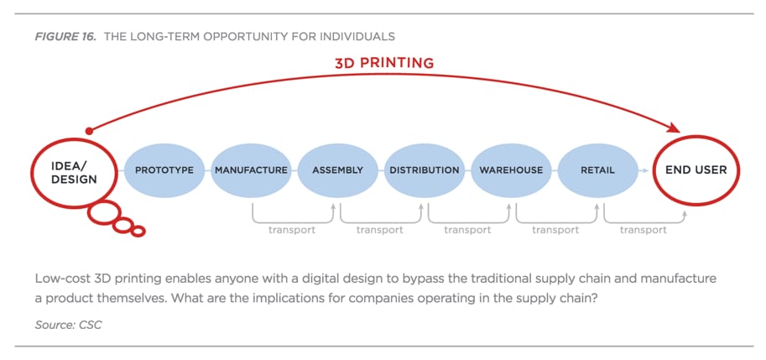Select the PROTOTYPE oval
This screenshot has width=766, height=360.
pyautogui.click(x=164, y=170)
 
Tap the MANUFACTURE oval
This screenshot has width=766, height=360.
pyautogui.click(x=251, y=170)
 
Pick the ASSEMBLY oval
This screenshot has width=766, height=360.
pyautogui.click(x=337, y=170)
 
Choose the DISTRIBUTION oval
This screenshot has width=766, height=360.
pyautogui.click(x=425, y=170)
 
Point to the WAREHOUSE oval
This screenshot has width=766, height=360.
pyautogui.click(x=511, y=170)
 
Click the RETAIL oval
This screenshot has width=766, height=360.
pyautogui.click(x=597, y=170)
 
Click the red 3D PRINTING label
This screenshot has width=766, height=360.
pyautogui.click(x=384, y=63)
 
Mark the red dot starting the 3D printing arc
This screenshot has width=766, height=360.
pyautogui.click(x=89, y=131)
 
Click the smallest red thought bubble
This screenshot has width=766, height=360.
pyautogui.click(x=138, y=231)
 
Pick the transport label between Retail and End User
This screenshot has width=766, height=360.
pyautogui.click(x=644, y=230)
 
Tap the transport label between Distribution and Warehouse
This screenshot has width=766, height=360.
pyautogui.click(x=467, y=230)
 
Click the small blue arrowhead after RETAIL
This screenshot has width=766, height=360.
pyautogui.click(x=646, y=170)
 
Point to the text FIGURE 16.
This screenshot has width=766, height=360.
pyautogui.click(x=65, y=37)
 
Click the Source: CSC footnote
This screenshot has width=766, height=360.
pyautogui.click(x=69, y=325)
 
